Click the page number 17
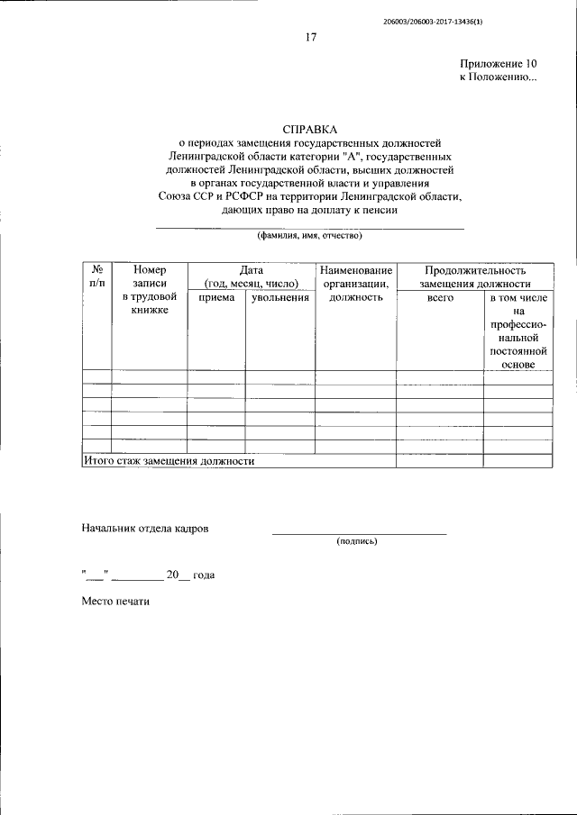(x=310, y=37)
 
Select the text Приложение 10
(x=499, y=64)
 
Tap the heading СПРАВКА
(x=309, y=130)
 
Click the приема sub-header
(x=216, y=296)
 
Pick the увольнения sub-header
(x=280, y=296)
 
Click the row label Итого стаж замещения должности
(x=169, y=461)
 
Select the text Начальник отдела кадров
(x=145, y=529)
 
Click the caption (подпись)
(x=358, y=541)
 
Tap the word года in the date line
(x=204, y=575)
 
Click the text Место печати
(x=114, y=601)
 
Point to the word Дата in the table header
(x=251, y=269)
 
